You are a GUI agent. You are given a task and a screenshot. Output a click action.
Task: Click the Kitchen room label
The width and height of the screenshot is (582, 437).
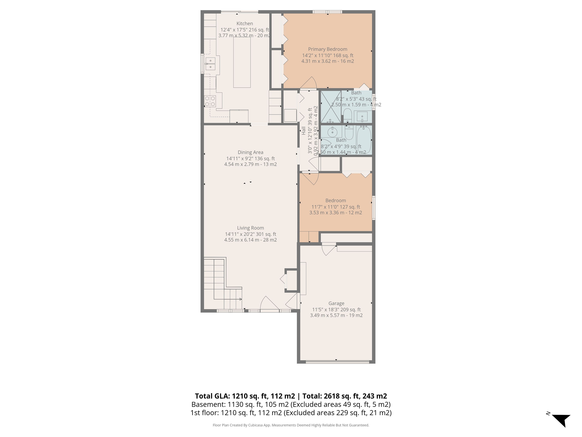tap(245, 24)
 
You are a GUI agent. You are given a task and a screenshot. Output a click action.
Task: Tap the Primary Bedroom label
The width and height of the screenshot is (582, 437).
tap(328, 49)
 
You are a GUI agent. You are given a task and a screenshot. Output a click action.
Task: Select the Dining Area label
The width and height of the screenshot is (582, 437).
tap(251, 152)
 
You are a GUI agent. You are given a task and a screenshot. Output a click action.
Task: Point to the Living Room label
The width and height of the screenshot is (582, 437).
tap(251, 228)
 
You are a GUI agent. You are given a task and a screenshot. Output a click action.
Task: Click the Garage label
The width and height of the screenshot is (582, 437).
tap(336, 303)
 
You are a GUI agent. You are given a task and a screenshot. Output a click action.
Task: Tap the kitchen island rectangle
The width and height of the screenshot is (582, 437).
tap(242, 62)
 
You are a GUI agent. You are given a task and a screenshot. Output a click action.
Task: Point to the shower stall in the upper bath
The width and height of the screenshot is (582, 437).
tap(330, 107)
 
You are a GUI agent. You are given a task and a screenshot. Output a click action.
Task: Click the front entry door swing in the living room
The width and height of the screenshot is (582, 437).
tap(269, 304)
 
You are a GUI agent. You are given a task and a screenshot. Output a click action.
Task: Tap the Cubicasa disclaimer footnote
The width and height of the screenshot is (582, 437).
tap(291, 425)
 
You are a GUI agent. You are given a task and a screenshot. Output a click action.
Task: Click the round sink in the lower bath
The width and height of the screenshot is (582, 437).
tap(333, 130)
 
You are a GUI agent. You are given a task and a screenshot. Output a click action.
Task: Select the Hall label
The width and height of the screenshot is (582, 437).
tap(304, 131)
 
